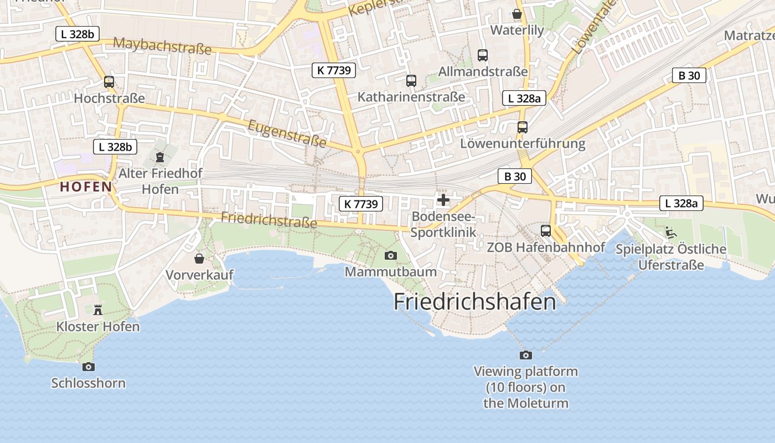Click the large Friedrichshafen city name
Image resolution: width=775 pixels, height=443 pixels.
(474, 302)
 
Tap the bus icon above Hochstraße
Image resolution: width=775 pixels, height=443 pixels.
(109, 82)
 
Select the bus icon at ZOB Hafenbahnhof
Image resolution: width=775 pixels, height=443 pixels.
(546, 231)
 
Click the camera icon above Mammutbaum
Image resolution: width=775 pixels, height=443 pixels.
(390, 255)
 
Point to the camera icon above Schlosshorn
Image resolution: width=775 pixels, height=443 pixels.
(88, 367)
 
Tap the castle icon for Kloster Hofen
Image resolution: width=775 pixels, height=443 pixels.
(98, 310)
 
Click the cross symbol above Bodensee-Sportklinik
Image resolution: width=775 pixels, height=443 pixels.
(443, 200)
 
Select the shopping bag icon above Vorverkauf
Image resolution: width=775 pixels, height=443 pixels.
(199, 259)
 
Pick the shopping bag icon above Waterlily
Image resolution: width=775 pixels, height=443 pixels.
(517, 14)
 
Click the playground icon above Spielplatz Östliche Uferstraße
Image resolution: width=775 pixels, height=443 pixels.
(671, 233)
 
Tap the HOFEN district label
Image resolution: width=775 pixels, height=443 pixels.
(86, 187)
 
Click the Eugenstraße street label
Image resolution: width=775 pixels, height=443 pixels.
(287, 133)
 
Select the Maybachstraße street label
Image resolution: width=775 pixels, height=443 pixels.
(162, 46)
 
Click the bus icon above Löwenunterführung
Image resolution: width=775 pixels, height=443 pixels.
(523, 127)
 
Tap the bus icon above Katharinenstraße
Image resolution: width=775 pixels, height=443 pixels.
(411, 81)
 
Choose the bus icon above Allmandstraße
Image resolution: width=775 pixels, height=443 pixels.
(483, 55)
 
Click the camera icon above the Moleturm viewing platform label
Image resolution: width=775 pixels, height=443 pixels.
(525, 355)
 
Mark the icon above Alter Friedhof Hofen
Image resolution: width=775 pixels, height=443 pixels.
(160, 157)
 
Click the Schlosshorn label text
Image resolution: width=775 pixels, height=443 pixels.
(89, 383)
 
